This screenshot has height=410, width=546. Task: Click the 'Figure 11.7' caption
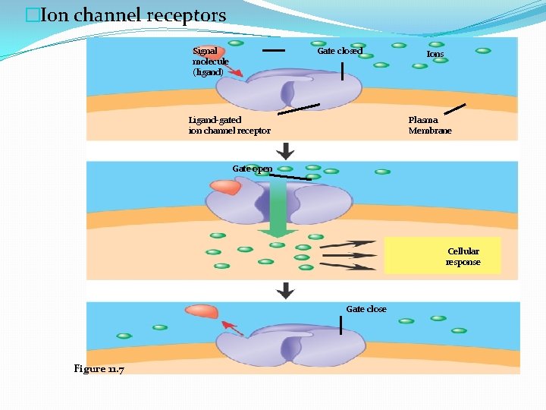[99, 368]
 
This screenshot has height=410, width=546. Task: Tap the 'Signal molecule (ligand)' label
[210, 61]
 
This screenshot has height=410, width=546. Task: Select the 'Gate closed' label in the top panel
[339, 51]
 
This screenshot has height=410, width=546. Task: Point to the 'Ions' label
[435, 54]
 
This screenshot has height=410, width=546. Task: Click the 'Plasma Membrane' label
[429, 125]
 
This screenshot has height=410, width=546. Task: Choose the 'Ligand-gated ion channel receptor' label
[229, 125]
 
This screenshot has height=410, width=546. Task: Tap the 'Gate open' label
[252, 169]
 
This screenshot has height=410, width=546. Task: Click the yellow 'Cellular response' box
[442, 256]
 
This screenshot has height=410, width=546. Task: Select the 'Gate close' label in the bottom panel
[366, 309]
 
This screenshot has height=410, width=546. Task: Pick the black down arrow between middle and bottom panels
[285, 290]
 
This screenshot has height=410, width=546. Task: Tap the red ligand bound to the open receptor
[225, 187]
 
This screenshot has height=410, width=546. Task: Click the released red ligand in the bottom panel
[201, 311]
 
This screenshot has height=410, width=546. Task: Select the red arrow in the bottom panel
[232, 329]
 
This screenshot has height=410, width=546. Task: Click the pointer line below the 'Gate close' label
[340, 326]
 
